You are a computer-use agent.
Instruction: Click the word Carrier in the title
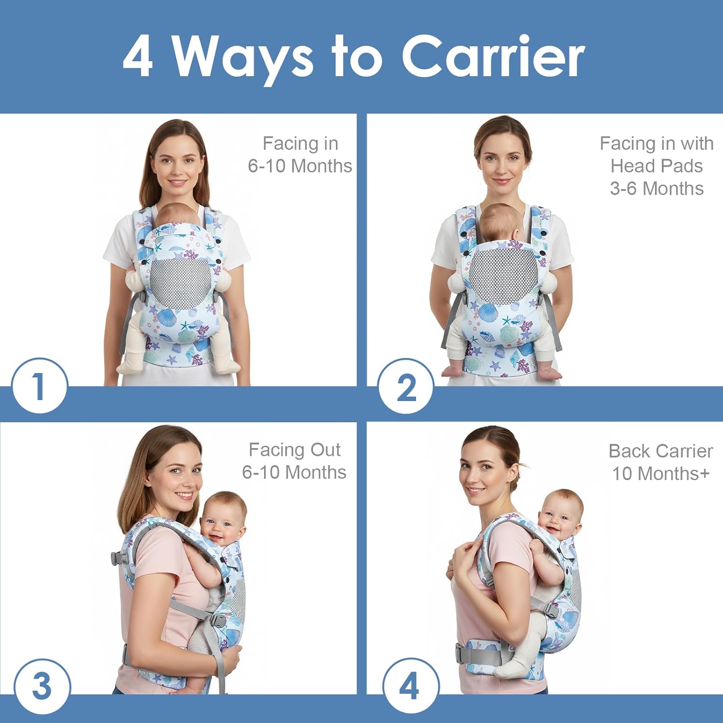[x=493, y=56]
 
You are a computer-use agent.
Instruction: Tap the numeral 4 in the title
[x=138, y=56]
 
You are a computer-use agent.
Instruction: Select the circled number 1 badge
[x=40, y=386]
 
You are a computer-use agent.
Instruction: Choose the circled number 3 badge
[x=42, y=686]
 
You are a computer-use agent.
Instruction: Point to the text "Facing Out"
[x=295, y=450]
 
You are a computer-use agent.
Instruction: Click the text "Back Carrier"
[x=660, y=451]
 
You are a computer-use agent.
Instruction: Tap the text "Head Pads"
[x=656, y=166]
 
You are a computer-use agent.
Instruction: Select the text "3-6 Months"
[x=656, y=188]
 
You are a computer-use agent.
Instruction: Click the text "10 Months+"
[x=660, y=474]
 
